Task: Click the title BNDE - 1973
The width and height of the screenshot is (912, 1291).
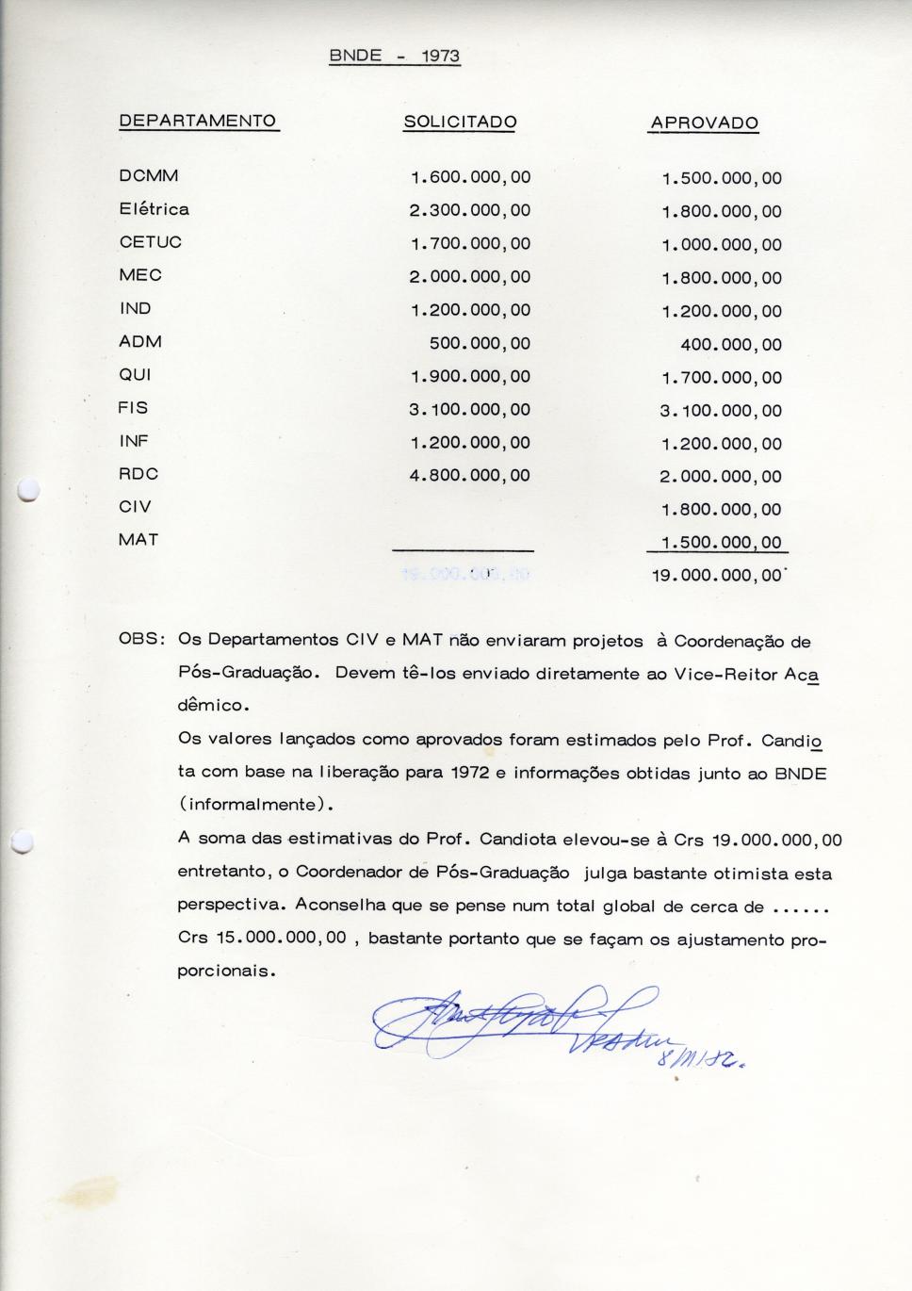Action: (394, 56)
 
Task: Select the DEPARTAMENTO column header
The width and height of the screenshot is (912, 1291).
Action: (198, 121)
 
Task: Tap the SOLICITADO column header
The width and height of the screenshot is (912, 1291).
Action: (460, 123)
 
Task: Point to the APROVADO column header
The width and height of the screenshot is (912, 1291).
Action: (704, 123)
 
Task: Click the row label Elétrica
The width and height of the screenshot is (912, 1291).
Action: (154, 209)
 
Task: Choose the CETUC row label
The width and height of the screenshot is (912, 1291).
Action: (151, 242)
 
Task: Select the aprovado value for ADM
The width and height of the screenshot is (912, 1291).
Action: (731, 345)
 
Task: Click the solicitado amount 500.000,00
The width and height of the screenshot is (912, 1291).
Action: (480, 344)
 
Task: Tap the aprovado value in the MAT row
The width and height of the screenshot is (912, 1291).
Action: (721, 543)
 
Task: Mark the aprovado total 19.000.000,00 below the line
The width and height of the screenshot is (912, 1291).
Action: (716, 576)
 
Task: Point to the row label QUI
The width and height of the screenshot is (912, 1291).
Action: (135, 374)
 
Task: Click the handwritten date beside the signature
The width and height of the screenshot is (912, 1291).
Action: (711, 1058)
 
